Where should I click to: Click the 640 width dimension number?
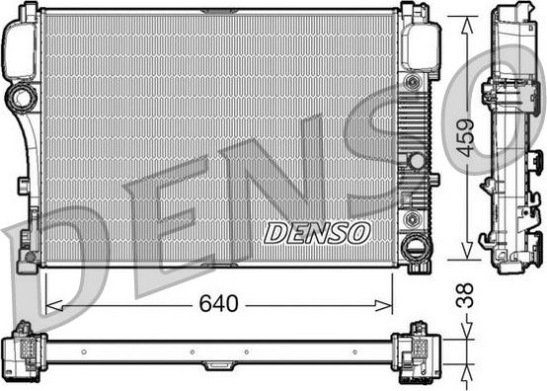coord(217,304)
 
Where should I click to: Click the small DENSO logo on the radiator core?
coord(316,233)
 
